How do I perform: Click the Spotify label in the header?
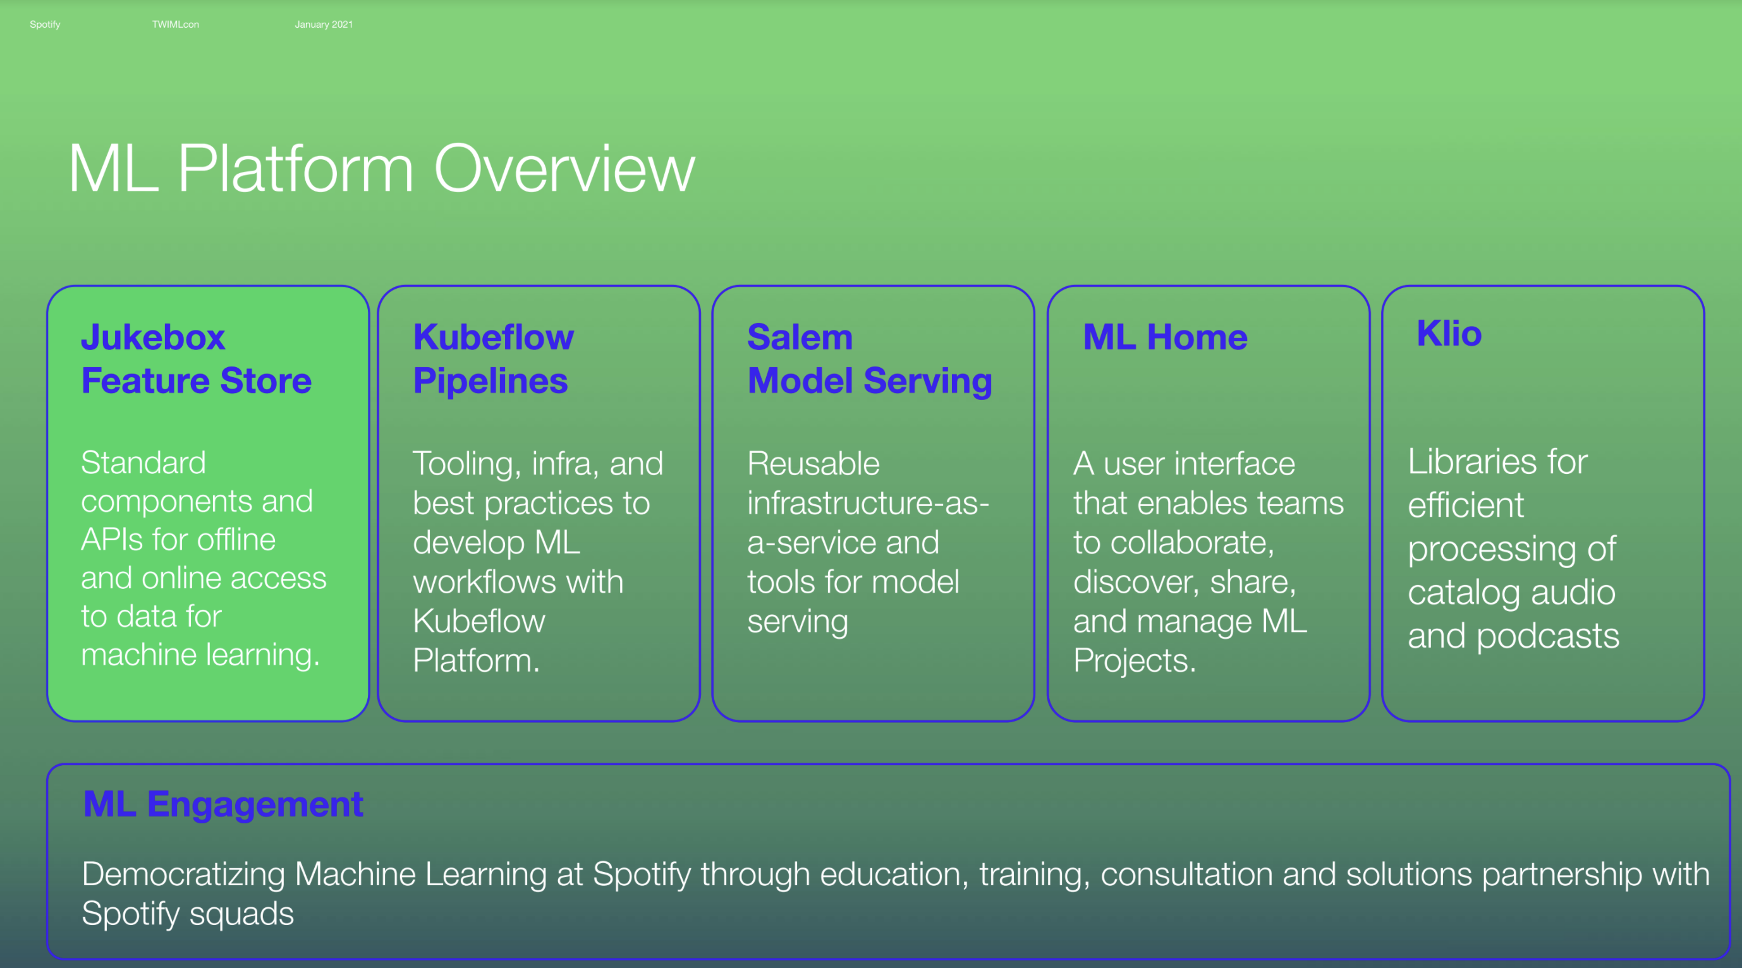point(45,25)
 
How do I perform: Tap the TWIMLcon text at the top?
point(175,25)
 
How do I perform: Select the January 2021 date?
point(323,25)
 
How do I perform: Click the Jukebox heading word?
point(153,337)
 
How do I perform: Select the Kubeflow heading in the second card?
point(493,337)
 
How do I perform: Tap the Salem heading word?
point(800,337)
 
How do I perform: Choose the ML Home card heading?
point(1165,337)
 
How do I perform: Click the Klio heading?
point(1449,333)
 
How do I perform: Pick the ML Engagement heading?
point(223,804)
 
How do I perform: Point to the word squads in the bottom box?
point(241,914)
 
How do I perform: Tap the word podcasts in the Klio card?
point(1548,636)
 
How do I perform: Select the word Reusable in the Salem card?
point(813,464)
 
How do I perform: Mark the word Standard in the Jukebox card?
point(143,463)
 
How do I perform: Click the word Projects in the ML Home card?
point(1134,660)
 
